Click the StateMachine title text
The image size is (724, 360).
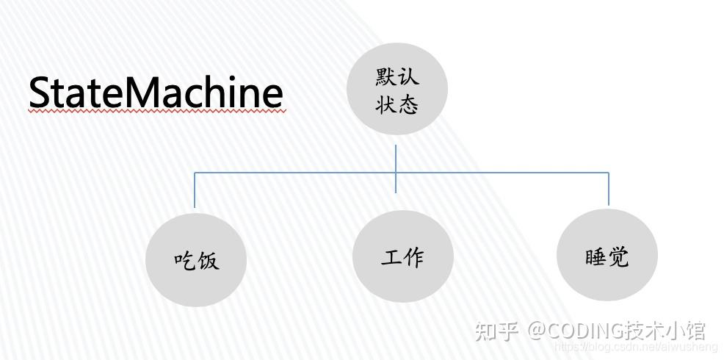[x=156, y=93]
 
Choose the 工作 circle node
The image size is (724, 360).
[x=402, y=256]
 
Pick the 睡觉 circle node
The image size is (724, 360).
[x=607, y=256]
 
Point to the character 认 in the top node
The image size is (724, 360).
[x=408, y=77]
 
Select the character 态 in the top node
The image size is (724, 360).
[x=408, y=104]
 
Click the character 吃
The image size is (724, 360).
[x=184, y=261]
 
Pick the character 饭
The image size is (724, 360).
[x=208, y=261]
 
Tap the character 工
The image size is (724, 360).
[x=391, y=257]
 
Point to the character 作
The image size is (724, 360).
[x=413, y=257]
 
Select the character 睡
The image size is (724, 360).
[x=596, y=257]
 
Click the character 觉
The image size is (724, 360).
[x=618, y=257]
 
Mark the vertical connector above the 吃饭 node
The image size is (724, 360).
[x=195, y=190]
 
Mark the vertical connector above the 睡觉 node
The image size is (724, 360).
[x=609, y=189]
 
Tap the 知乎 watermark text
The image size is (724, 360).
[x=497, y=331]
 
